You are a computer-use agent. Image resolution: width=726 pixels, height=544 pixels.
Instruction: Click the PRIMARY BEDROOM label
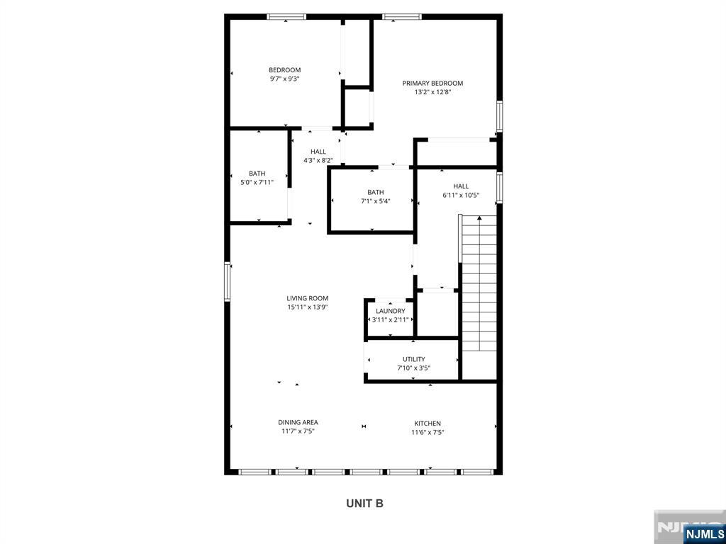(x=432, y=84)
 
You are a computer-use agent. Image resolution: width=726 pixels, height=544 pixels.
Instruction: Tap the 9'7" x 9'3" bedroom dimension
(x=285, y=79)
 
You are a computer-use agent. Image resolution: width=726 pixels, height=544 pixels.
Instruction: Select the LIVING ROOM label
(x=307, y=298)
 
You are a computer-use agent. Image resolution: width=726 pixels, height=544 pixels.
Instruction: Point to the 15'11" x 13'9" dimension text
(x=307, y=307)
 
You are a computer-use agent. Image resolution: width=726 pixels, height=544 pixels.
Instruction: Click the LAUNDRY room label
(x=391, y=311)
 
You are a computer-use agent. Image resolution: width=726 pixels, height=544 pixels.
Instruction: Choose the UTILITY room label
(x=413, y=359)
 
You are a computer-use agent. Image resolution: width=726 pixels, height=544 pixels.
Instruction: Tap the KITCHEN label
(x=428, y=424)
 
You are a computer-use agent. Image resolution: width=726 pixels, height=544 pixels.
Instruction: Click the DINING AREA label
(x=298, y=422)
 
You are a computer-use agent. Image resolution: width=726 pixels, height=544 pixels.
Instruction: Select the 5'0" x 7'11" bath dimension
(x=257, y=182)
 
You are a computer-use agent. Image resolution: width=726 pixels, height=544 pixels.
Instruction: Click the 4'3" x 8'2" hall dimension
(x=318, y=161)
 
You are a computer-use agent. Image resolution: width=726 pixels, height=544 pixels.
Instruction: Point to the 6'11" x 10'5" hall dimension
(x=461, y=195)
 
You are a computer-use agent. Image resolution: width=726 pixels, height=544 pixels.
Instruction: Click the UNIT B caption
(x=365, y=504)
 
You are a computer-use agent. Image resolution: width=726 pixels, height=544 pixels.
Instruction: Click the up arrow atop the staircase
(x=480, y=218)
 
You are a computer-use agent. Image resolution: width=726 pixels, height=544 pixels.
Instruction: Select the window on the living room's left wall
(x=228, y=281)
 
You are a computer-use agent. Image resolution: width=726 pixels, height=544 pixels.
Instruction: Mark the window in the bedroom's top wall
(x=286, y=17)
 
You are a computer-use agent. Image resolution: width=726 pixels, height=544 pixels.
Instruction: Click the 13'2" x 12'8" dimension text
(x=432, y=92)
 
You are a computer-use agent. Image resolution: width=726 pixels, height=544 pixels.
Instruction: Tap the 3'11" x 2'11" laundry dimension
(x=391, y=319)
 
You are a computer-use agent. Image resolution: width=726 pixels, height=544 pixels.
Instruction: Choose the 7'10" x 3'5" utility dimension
(x=413, y=368)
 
